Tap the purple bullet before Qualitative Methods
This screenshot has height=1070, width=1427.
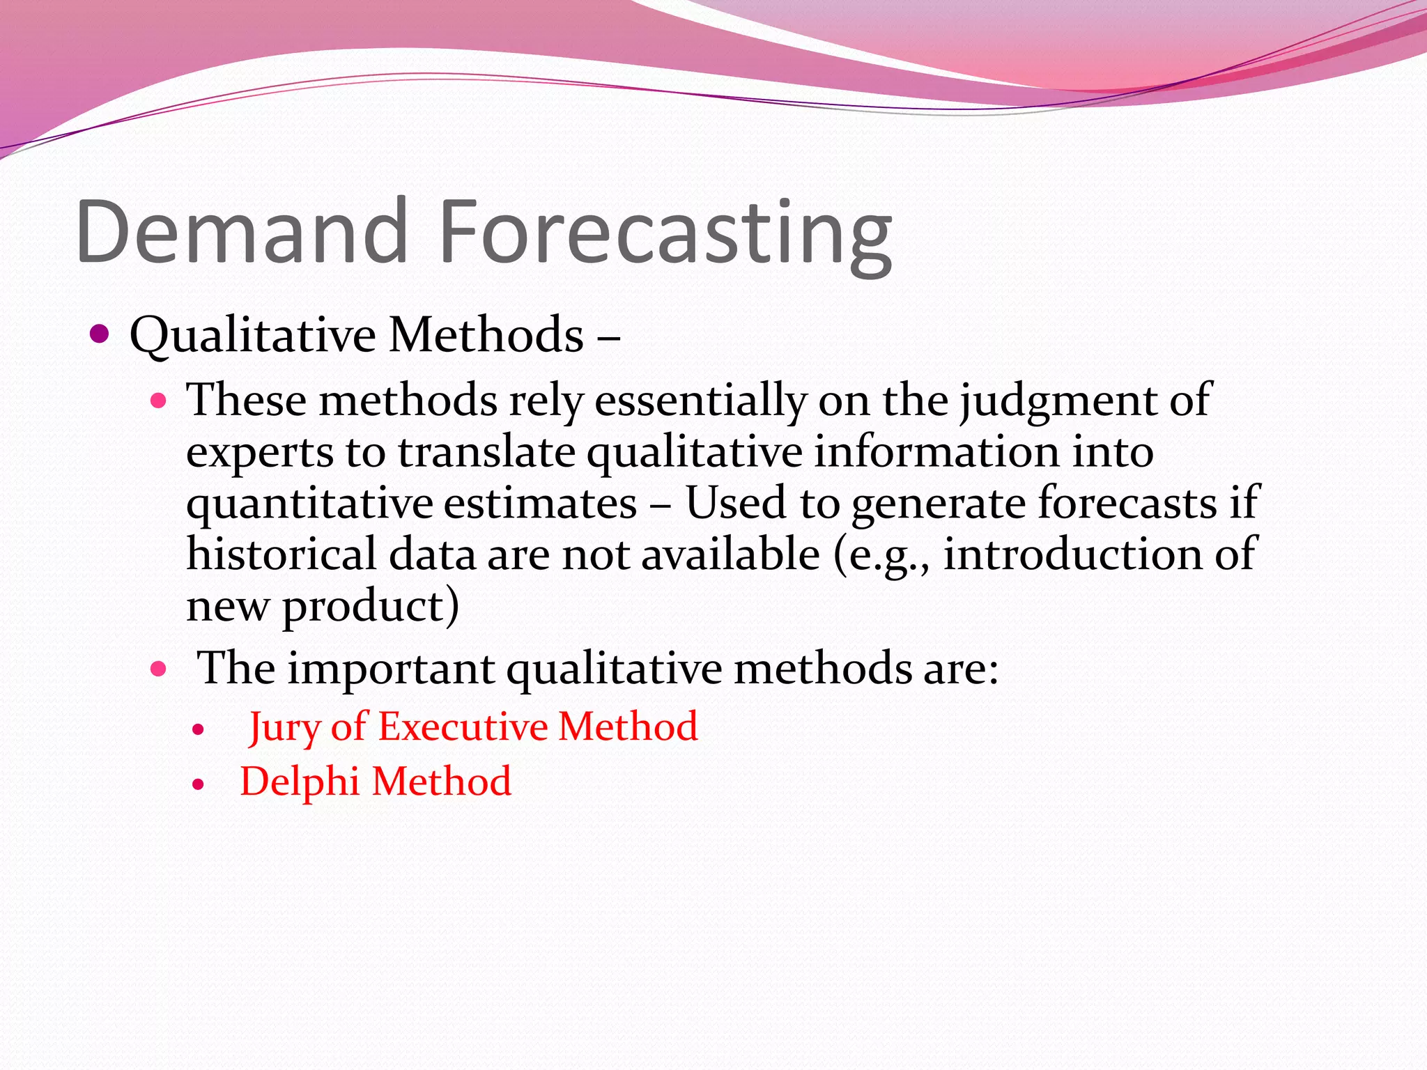click(x=100, y=334)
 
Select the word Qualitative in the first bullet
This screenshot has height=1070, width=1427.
click(x=252, y=336)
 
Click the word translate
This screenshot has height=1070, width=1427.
click(x=486, y=453)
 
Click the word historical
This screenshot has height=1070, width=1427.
click(x=281, y=555)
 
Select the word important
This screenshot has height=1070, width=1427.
click(x=391, y=669)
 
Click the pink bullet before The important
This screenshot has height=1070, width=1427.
click(x=159, y=669)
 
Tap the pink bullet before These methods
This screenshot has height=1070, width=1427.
click(x=159, y=401)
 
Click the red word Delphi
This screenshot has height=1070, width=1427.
click(x=300, y=781)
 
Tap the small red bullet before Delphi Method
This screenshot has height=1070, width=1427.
click(x=199, y=784)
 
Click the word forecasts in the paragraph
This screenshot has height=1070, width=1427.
click(x=1127, y=503)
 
